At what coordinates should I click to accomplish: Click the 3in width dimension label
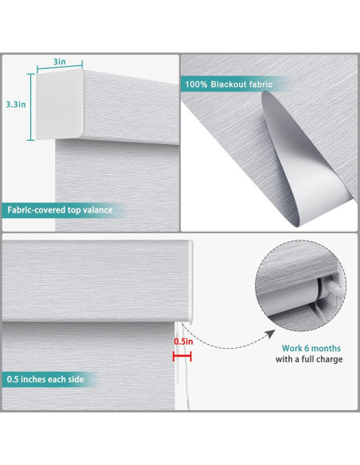[x=59, y=61]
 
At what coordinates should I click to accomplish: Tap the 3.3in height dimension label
[x=16, y=104]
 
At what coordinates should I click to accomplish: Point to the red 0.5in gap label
[x=183, y=342]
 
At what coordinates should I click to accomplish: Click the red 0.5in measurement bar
[x=182, y=356]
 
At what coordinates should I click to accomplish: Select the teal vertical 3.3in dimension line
[x=31, y=107]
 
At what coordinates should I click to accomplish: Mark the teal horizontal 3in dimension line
[x=60, y=68]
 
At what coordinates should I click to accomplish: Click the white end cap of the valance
[x=60, y=104]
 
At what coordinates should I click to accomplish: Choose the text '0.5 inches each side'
[x=45, y=379]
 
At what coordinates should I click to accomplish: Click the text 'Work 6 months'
[x=311, y=348]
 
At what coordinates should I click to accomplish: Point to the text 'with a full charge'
[x=309, y=359]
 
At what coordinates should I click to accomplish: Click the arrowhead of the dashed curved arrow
[x=270, y=334]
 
